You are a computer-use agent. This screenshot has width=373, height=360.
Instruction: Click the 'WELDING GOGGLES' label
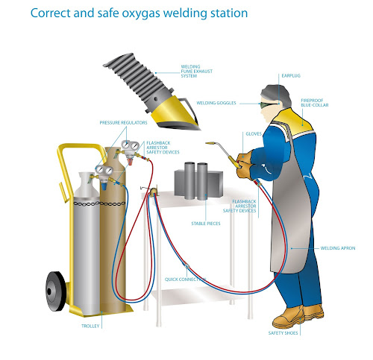[x=217, y=104]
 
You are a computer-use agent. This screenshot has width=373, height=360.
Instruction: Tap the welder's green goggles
[x=265, y=105]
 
